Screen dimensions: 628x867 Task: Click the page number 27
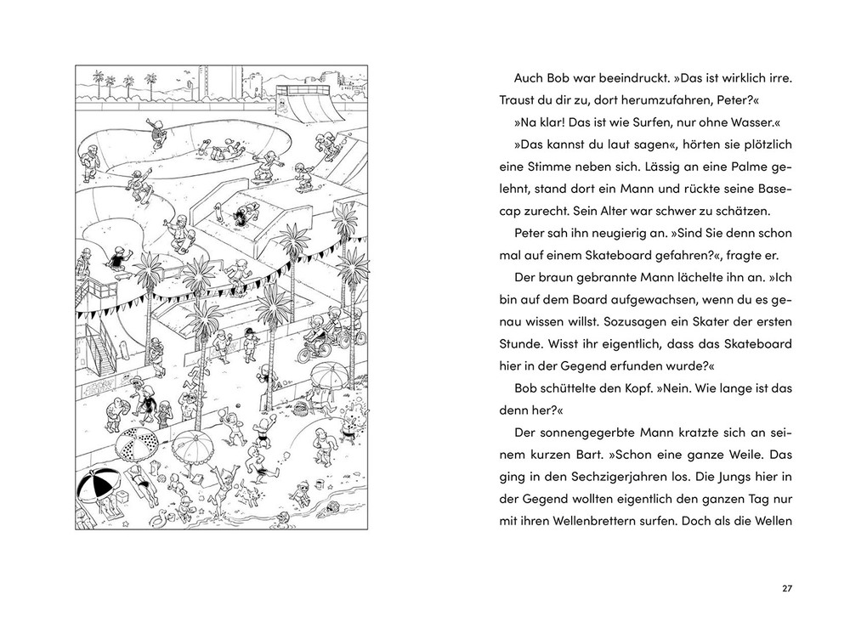coord(786,587)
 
